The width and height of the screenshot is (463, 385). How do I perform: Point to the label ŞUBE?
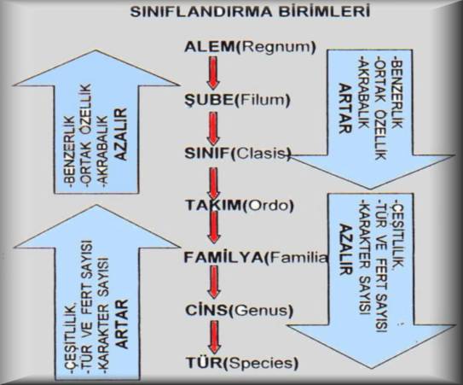click(x=209, y=101)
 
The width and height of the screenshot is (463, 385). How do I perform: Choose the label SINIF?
click(x=207, y=154)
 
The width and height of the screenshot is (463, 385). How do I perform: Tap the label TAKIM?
click(x=213, y=206)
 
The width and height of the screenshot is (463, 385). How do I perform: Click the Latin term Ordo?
click(x=268, y=206)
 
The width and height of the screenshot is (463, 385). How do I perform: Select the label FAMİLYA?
click(x=223, y=258)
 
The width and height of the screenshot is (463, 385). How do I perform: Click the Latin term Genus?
click(x=261, y=311)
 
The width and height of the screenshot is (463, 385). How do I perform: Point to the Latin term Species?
click(x=260, y=364)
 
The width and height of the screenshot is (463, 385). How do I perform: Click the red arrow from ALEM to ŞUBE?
click(x=212, y=73)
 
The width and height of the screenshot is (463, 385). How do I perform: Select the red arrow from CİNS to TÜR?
click(x=214, y=337)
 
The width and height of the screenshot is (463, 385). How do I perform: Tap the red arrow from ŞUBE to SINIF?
click(x=212, y=129)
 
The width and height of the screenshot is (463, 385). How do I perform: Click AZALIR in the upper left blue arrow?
click(x=122, y=135)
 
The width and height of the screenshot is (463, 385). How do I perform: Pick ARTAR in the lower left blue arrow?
click(x=122, y=324)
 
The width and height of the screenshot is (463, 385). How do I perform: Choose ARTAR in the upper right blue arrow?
click(x=344, y=108)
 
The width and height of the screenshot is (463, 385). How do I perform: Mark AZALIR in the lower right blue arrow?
click(x=344, y=250)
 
